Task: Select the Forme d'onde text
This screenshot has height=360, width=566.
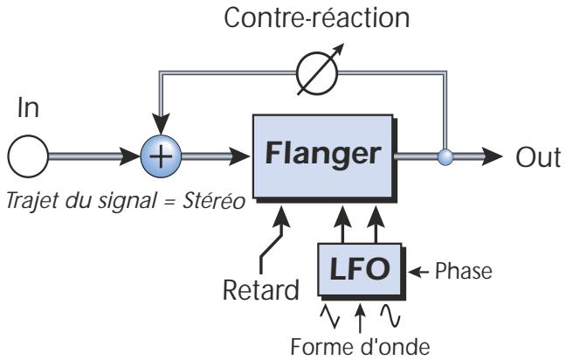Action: pyautogui.click(x=360, y=344)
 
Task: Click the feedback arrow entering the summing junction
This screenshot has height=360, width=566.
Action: pyautogui.click(x=160, y=126)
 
